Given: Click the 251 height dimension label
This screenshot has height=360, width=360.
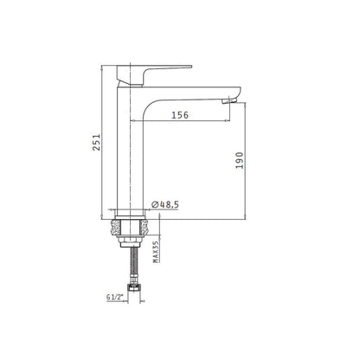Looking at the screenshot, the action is click(96, 142).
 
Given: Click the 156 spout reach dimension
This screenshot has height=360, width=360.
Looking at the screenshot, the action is click(180, 115).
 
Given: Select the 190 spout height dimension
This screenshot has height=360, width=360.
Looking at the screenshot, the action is click(240, 160).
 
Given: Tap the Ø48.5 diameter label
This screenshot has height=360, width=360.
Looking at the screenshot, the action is click(165, 204).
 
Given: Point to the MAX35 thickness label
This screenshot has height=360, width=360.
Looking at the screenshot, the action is click(156, 252).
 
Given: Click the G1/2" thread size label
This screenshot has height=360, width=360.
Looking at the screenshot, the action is click(115, 297).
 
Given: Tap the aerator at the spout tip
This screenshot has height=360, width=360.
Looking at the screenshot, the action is click(229, 100).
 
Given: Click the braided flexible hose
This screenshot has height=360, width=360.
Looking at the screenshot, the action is click(133, 262).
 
